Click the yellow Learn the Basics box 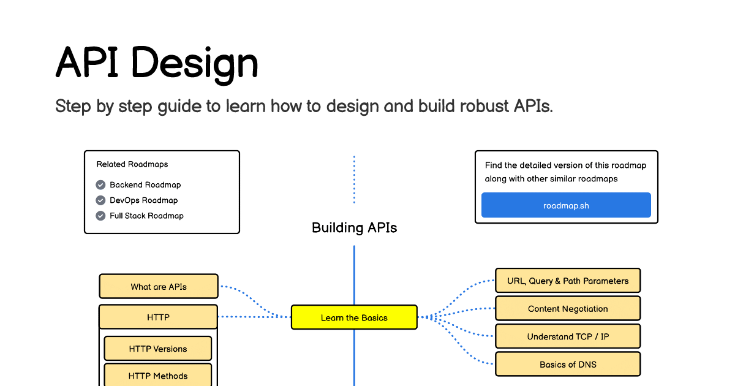354,317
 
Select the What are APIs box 159,286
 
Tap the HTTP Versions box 158,349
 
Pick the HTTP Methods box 158,376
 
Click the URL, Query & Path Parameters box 568,281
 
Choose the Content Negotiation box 568,309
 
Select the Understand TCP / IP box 568,336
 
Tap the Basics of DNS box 568,364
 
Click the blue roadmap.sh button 566,205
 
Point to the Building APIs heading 354,228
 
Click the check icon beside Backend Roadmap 101,185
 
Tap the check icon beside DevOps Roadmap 101,200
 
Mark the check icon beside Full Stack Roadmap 101,216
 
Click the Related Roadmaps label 132,164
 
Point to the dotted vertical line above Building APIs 354,179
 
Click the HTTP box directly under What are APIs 158,317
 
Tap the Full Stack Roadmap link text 146,216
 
